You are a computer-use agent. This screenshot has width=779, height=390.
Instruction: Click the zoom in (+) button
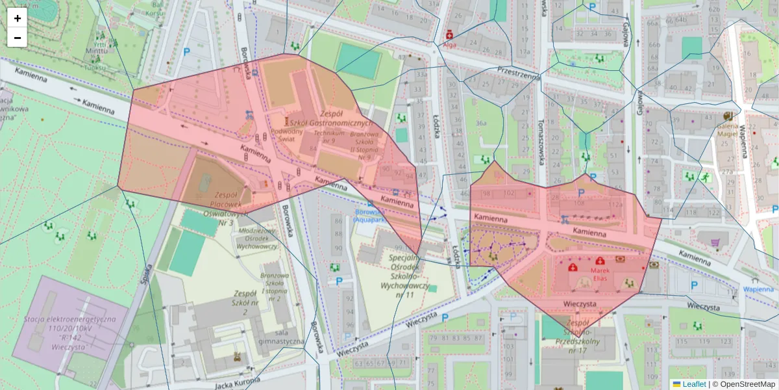click(18, 18)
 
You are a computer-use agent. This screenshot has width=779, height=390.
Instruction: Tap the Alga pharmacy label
click(449, 45)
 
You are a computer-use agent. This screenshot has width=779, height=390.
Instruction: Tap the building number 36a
click(481, 122)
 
